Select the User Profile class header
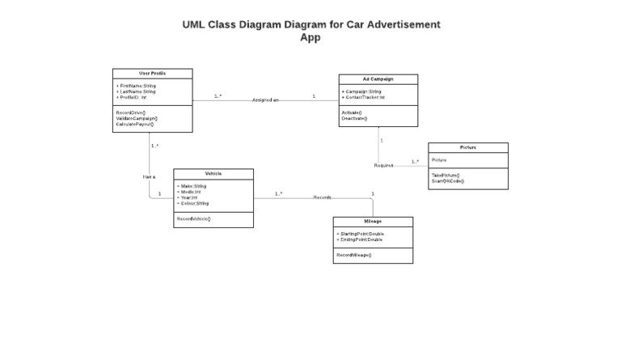(152, 74)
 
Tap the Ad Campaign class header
(378, 79)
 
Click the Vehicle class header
(213, 174)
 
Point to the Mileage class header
(373, 222)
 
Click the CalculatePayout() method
(135, 124)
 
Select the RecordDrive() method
(131, 112)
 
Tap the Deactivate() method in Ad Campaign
(354, 118)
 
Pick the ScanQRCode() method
(448, 180)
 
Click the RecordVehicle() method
(194, 218)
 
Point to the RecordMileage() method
(354, 255)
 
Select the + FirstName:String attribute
(137, 85)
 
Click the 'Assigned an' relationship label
(265, 100)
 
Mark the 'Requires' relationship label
(383, 165)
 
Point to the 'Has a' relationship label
(149, 176)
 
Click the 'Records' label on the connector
(323, 197)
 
